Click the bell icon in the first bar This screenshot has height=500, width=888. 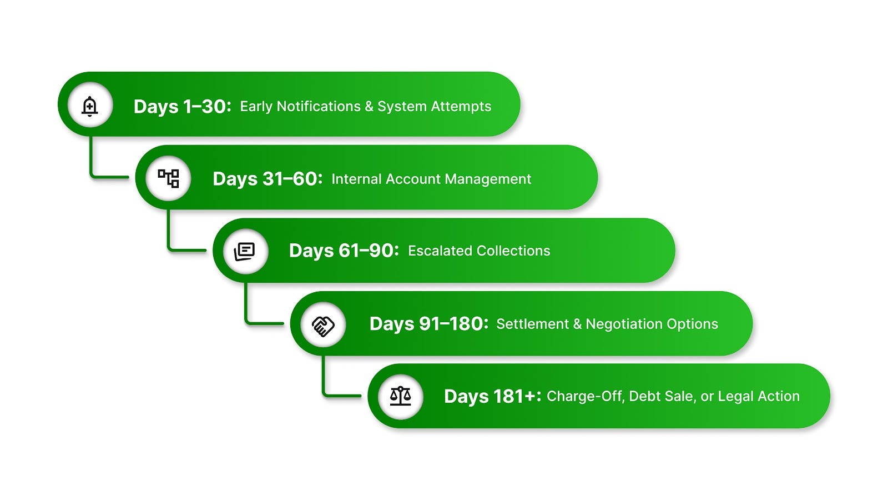(90, 106)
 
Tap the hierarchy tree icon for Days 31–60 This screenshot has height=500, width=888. (168, 178)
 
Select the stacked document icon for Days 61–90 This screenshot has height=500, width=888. (245, 251)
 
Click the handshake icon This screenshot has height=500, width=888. (323, 324)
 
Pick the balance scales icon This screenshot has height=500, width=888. (400, 396)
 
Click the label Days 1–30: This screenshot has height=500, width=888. (182, 106)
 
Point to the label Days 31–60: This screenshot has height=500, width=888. (267, 179)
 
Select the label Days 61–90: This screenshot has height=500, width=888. (344, 251)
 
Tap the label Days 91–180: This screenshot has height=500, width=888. (428, 323)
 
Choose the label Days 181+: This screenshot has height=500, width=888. (492, 396)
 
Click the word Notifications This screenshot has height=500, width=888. (319, 106)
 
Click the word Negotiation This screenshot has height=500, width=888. (624, 324)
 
